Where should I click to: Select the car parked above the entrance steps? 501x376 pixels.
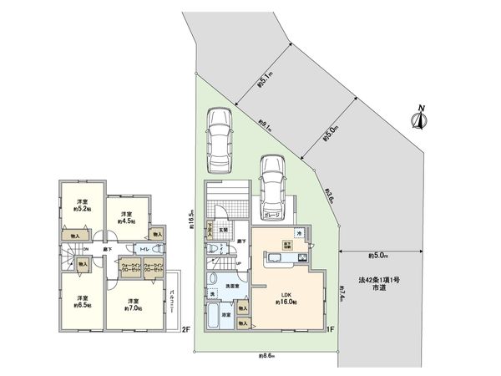click(219, 136)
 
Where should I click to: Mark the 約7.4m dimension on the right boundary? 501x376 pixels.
click(342, 293)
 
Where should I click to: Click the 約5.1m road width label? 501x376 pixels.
click(265, 80)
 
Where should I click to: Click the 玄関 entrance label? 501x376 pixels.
click(223, 230)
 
